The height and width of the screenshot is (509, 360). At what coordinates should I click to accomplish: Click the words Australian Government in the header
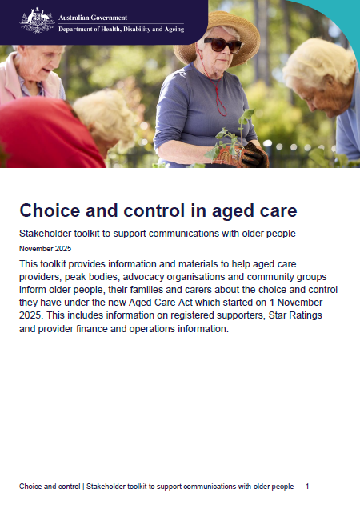pos(93,16)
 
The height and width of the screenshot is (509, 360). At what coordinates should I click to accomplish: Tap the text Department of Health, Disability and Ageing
pos(122,29)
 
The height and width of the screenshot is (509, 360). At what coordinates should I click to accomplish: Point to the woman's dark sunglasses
pos(222,44)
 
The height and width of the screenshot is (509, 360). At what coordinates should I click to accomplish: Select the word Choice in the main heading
pos(49,211)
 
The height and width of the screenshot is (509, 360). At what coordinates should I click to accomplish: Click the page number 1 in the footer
pos(308,487)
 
